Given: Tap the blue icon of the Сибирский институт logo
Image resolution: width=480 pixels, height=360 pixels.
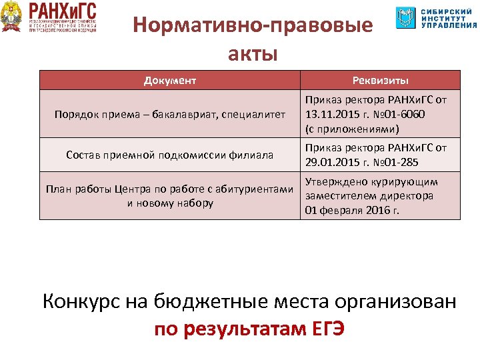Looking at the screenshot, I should [405, 17].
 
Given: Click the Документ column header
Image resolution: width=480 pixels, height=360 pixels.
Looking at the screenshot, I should [170, 81].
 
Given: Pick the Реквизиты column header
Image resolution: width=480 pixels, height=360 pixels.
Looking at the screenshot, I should [380, 81].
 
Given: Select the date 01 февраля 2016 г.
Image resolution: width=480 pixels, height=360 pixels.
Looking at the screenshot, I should [352, 211].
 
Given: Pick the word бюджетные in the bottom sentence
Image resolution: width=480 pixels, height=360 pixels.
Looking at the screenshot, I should [199, 301].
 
